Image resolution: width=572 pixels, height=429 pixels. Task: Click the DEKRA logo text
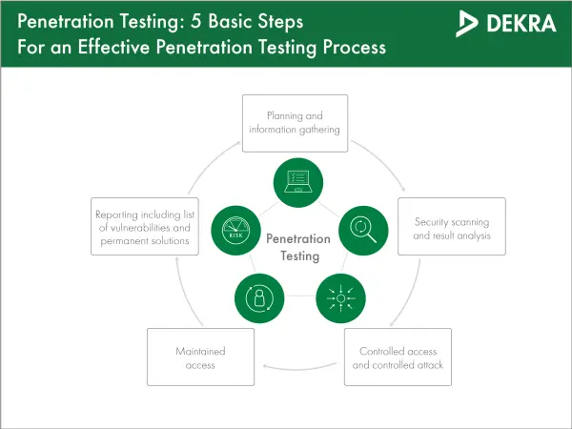click(521, 23)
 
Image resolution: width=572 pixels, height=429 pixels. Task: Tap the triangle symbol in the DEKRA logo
click(466, 23)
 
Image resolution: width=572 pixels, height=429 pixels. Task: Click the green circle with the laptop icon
click(298, 182)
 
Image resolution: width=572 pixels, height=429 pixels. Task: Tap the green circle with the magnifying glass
click(363, 231)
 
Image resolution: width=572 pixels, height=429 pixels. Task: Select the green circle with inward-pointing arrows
click(340, 298)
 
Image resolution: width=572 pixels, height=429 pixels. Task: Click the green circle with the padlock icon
click(259, 298)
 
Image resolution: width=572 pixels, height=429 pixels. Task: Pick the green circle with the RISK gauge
click(235, 231)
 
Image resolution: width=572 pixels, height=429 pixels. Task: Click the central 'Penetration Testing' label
click(298, 247)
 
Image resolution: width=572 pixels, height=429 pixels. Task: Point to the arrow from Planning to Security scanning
click(383, 160)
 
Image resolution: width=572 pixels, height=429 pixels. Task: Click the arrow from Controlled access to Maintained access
click(299, 369)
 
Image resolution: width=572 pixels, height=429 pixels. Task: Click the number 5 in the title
click(195, 21)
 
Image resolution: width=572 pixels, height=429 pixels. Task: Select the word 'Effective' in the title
click(113, 47)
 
